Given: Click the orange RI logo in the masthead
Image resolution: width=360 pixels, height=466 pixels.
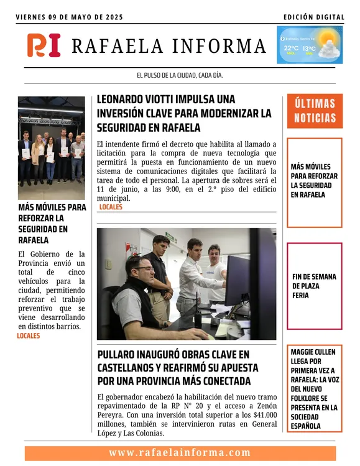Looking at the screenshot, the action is [x=44, y=45].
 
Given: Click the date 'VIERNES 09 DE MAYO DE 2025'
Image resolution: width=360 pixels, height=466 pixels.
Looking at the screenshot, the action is [x=70, y=17].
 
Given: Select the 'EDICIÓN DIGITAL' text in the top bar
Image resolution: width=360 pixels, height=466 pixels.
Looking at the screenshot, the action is [x=313, y=17].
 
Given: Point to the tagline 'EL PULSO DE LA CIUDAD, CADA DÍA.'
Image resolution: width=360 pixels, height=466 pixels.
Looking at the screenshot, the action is [x=180, y=76].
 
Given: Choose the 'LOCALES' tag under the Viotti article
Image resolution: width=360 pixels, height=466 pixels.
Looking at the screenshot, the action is [x=111, y=207].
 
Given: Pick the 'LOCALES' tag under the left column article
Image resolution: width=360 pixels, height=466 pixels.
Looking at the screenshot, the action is [x=29, y=336].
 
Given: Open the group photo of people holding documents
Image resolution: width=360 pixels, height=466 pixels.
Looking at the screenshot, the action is [x=51, y=140].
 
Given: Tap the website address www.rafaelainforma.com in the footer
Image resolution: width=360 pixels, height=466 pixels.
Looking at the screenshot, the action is [x=180, y=453].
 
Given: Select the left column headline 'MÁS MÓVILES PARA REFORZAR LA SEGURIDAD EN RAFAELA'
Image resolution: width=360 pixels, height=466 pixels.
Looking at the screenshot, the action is [x=51, y=223].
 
